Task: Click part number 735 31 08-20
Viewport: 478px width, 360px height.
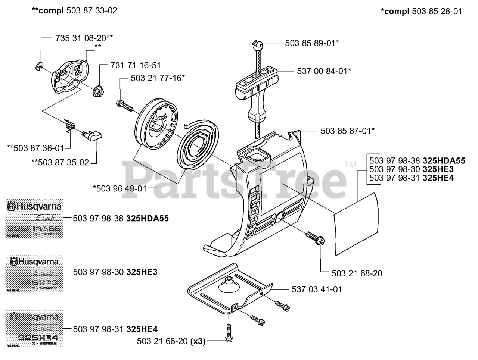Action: coord(84,38)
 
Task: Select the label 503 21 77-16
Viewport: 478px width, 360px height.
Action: coord(158,78)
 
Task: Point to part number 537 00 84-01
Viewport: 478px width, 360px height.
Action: coord(324,71)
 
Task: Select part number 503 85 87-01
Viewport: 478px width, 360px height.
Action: coord(347,131)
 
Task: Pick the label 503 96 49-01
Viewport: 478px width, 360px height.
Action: coord(120,188)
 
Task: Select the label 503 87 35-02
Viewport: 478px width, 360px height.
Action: coord(60,162)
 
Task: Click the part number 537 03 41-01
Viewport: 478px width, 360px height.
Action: coord(317,289)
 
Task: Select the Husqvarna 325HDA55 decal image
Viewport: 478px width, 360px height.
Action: coord(34,219)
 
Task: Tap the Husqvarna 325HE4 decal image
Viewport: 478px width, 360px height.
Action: coord(34,328)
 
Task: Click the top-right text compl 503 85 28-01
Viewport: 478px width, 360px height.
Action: coord(421,12)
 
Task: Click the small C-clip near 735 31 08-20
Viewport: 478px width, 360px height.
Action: coord(41,66)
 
